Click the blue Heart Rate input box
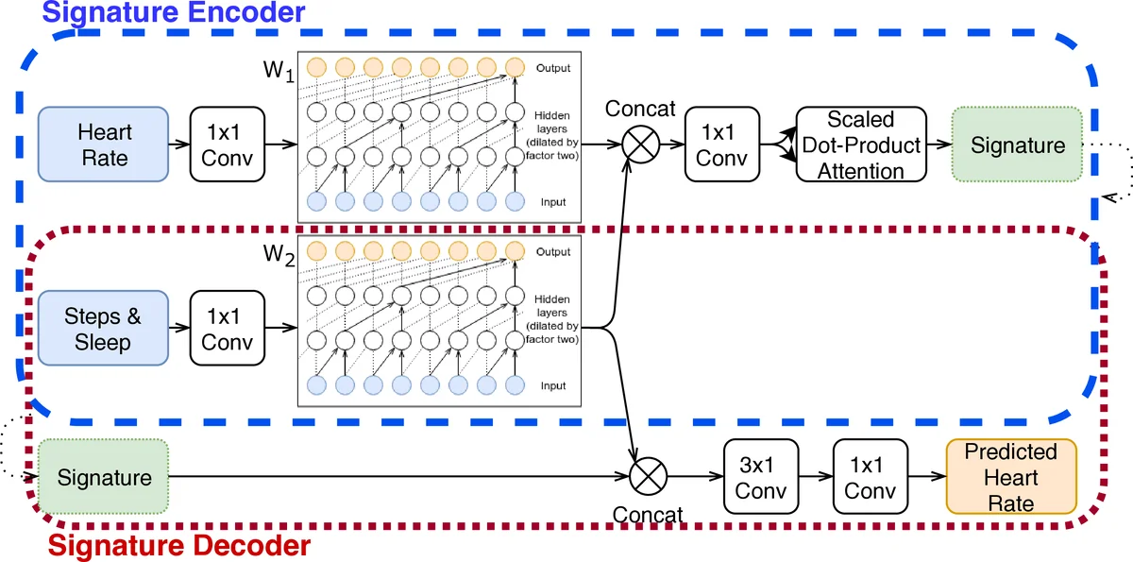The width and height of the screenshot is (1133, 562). pyautogui.click(x=104, y=144)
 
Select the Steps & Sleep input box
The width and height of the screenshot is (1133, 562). pyautogui.click(x=104, y=328)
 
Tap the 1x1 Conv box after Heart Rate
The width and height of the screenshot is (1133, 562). pyautogui.click(x=227, y=144)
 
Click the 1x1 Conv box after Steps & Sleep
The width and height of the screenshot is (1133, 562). pyautogui.click(x=227, y=328)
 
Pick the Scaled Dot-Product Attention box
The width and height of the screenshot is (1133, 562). pyautogui.click(x=860, y=145)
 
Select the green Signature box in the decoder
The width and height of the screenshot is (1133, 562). pyautogui.click(x=104, y=477)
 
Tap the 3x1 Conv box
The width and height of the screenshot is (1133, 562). pyautogui.click(x=760, y=477)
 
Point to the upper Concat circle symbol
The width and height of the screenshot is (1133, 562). pyautogui.click(x=642, y=145)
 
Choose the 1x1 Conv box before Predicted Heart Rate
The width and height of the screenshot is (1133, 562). pyautogui.click(x=870, y=477)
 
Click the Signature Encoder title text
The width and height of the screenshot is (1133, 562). pyautogui.click(x=175, y=13)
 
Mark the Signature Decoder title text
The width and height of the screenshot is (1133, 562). pyautogui.click(x=178, y=546)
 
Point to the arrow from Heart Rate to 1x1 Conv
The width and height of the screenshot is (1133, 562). pyautogui.click(x=179, y=145)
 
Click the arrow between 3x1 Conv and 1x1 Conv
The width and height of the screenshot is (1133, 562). pyautogui.click(x=815, y=477)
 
